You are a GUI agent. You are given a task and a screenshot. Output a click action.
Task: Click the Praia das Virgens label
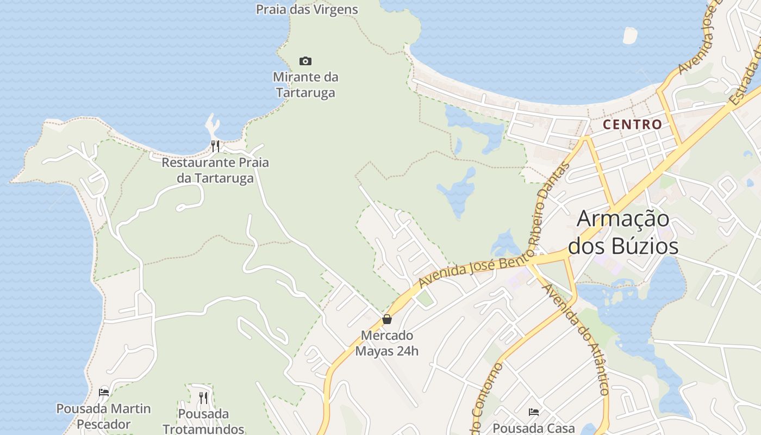coord(307,9)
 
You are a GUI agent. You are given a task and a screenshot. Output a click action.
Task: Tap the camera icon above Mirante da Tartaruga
coord(305,61)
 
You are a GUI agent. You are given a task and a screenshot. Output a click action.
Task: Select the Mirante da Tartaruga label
coord(305,85)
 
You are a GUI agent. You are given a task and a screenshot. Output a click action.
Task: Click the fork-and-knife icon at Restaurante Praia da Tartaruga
coord(215,146)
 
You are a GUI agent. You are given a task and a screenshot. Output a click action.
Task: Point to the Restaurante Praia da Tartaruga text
coord(215,170)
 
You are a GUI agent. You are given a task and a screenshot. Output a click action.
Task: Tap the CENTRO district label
coord(633,125)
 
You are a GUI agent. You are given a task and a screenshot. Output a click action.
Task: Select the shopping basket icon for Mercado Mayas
coord(387,319)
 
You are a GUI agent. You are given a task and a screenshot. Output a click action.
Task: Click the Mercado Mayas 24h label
coord(387,343)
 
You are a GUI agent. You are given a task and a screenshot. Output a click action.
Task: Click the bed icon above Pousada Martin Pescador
coord(104,392)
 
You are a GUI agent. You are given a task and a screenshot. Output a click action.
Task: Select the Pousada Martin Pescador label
coord(104,416)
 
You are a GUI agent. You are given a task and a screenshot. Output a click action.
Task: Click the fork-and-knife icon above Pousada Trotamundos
coord(203,398)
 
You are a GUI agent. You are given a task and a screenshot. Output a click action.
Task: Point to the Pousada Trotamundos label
coord(203,421)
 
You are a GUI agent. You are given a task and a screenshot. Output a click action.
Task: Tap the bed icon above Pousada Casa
coord(534,412)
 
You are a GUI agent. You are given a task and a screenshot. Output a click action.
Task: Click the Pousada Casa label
coord(534,428)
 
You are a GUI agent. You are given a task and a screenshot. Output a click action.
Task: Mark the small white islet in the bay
coord(630,35)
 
